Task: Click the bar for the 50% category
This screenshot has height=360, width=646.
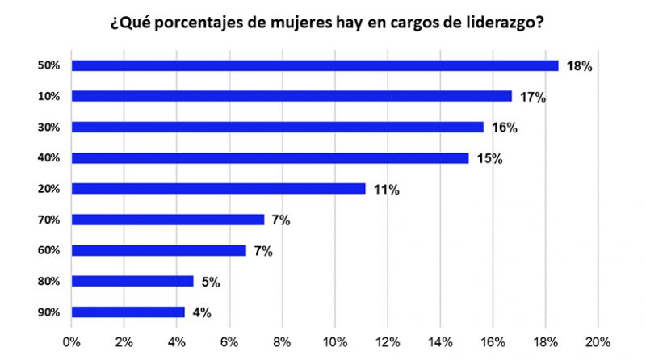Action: tap(315, 65)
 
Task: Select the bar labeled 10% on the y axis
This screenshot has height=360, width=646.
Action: tap(292, 96)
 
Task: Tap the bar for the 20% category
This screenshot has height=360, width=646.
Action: tap(218, 189)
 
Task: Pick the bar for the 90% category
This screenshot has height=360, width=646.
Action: tap(128, 312)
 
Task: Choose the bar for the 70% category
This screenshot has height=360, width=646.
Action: tap(168, 220)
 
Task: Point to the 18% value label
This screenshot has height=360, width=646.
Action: tap(579, 66)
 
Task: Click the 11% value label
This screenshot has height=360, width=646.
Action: tap(386, 190)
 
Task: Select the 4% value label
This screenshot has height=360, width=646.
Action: tap(201, 313)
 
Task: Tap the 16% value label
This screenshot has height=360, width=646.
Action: tap(504, 128)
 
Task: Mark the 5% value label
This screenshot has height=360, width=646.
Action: tap(210, 282)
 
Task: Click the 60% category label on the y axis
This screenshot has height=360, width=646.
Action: tap(48, 251)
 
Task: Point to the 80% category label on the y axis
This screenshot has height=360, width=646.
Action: tap(48, 282)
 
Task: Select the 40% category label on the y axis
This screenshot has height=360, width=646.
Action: tap(48, 158)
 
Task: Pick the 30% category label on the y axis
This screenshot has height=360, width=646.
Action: tap(48, 128)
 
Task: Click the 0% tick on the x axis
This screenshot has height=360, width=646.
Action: tap(72, 341)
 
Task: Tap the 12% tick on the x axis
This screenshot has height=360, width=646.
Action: tap(387, 341)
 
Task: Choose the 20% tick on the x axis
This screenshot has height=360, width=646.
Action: tap(598, 341)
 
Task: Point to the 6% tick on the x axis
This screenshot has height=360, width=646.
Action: tap(229, 341)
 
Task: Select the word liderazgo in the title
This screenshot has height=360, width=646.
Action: tap(498, 23)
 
